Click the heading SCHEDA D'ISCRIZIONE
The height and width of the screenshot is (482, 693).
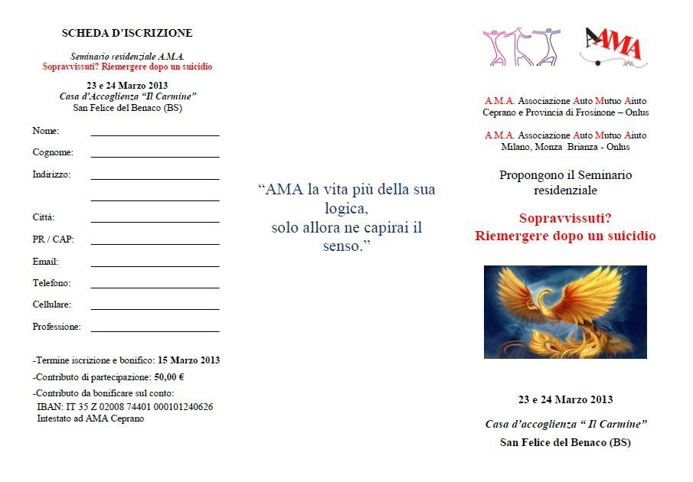[x=127, y=33]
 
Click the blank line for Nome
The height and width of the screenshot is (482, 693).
[x=155, y=135]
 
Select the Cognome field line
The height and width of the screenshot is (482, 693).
[x=155, y=156]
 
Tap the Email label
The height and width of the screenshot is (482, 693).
[x=45, y=262]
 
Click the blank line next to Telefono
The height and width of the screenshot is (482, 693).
[x=155, y=288]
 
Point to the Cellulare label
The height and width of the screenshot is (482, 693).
[x=51, y=305]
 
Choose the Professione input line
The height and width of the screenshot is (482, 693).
[x=155, y=331]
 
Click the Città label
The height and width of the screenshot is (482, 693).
[x=43, y=217]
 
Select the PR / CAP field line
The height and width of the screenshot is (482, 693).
[x=155, y=244]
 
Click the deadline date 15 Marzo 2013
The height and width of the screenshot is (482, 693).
[x=188, y=360]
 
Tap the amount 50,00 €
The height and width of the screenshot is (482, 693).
[x=170, y=376]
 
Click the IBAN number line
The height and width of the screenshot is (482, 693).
[x=125, y=407]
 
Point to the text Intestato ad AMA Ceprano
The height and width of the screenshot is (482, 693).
[x=86, y=418]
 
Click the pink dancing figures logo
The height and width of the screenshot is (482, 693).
[x=521, y=47]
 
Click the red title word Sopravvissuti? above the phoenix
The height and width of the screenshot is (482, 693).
[x=565, y=217]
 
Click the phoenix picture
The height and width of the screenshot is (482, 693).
[x=565, y=312]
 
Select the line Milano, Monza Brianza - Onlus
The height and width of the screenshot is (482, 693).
[x=565, y=146]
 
